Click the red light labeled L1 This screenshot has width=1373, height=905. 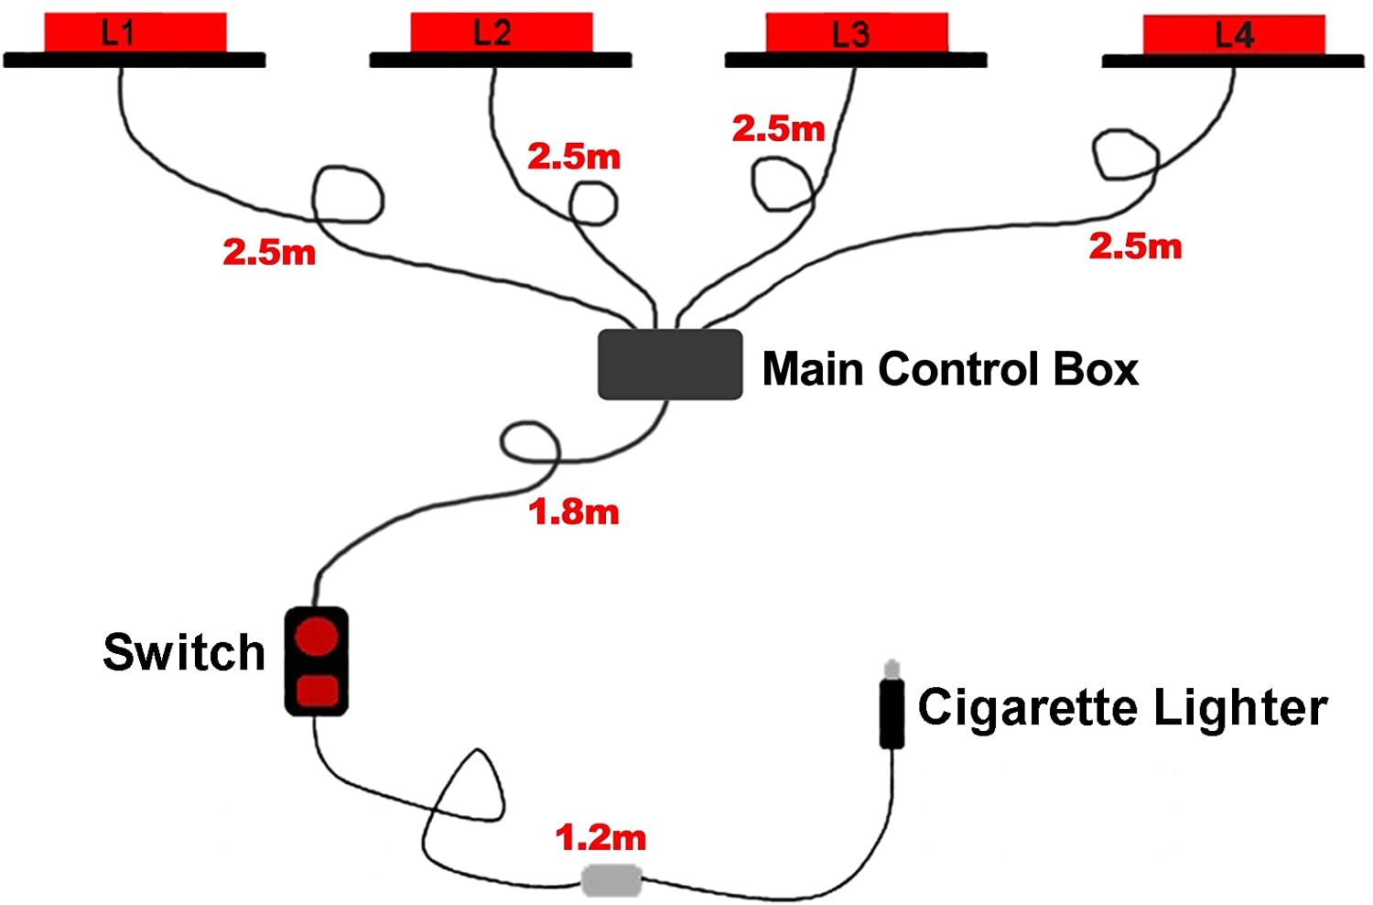[x=135, y=33]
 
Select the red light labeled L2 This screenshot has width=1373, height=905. [x=501, y=33]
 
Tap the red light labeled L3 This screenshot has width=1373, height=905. [x=856, y=34]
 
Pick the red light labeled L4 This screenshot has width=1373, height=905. [x=1234, y=35]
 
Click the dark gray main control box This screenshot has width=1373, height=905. [x=669, y=365]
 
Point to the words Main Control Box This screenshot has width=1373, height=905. [x=950, y=369]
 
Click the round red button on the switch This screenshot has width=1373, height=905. [x=317, y=635]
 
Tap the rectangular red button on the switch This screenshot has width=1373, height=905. [x=317, y=689]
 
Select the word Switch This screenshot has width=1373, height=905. [x=184, y=652]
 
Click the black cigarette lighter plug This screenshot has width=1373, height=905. [x=892, y=713]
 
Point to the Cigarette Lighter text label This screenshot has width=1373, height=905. [x=1122, y=708]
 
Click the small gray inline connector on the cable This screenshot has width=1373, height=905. [x=611, y=880]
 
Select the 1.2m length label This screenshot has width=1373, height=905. [x=600, y=837]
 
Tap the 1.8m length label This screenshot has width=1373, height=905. [x=574, y=512]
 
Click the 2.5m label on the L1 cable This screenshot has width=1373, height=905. [x=269, y=252]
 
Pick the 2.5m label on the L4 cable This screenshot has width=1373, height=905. [x=1135, y=245]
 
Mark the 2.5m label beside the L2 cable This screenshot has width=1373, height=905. [x=574, y=157]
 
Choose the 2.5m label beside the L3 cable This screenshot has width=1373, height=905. [x=778, y=129]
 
